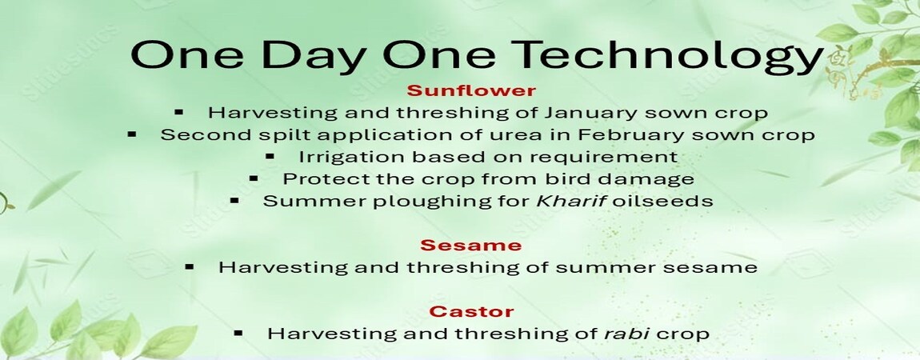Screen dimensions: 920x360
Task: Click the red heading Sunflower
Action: pos(471,91)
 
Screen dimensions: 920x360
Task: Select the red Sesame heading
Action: pos(470,245)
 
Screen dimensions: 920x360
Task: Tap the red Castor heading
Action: pos(471,311)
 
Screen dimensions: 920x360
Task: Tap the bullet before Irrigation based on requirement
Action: pos(270,157)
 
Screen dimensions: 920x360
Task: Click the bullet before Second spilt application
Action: pos(132,134)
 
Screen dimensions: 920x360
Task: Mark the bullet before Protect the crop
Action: pos(254,178)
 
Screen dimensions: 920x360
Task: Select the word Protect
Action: pos(314,179)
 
